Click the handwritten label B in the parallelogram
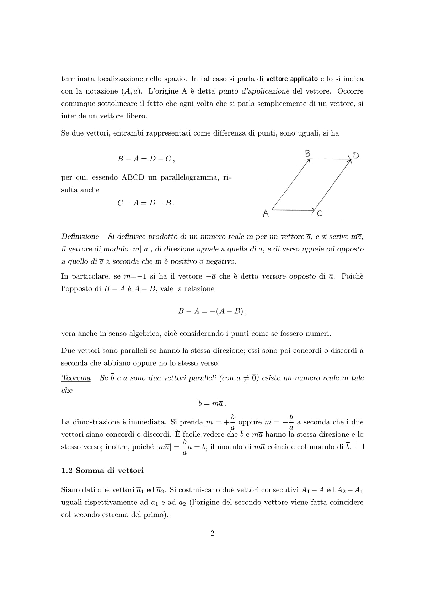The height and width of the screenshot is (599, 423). [x=308, y=153]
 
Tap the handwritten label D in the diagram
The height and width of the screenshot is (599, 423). [x=356, y=155]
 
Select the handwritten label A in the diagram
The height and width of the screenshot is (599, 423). [x=266, y=213]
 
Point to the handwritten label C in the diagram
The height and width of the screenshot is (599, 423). [x=319, y=213]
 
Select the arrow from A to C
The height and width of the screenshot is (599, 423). [x=294, y=210]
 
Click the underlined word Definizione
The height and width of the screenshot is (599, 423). [x=80, y=237]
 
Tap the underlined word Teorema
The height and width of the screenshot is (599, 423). [x=76, y=378]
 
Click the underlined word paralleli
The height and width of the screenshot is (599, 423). [x=134, y=351]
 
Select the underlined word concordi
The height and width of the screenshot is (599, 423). [x=307, y=351]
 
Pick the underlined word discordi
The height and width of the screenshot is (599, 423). [x=344, y=351]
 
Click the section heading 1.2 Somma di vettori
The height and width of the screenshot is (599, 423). [x=102, y=471]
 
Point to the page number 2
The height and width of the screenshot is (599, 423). [x=212, y=533]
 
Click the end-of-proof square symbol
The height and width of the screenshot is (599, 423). [x=360, y=447]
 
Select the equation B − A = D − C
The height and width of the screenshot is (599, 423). [x=146, y=159]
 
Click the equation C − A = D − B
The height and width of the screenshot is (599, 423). [x=146, y=203]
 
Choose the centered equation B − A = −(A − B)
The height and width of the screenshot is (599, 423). [x=212, y=311]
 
